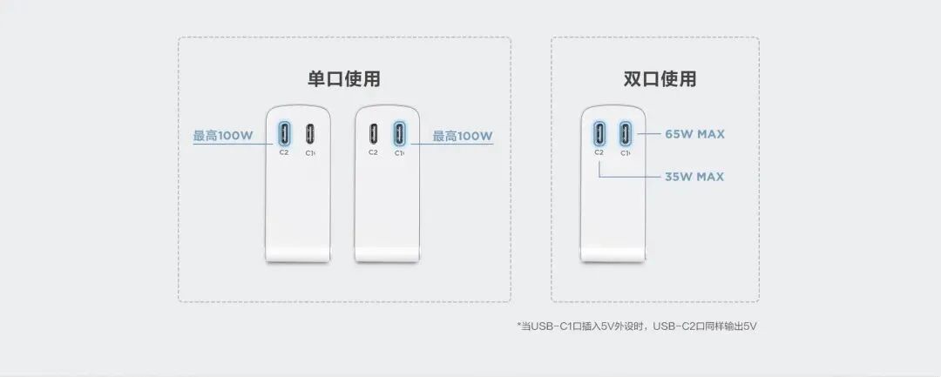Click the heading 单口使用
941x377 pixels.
coord(343,79)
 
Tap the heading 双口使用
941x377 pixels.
coord(660,79)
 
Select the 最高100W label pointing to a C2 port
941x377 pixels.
coord(222,136)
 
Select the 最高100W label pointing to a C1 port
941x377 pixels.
coord(463,136)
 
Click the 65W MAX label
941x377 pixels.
coord(694,134)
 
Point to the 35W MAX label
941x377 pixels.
coord(694,177)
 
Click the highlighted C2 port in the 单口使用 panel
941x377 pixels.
coord(284,133)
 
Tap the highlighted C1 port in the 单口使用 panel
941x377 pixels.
coord(399,133)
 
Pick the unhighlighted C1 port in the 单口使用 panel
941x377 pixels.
coord(310,133)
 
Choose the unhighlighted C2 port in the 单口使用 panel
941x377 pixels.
coord(373,133)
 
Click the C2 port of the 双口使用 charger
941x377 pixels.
coord(599,133)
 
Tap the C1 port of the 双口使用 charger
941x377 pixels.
coord(626,133)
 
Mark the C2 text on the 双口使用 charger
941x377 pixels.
coord(599,152)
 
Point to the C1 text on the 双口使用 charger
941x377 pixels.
coord(626,152)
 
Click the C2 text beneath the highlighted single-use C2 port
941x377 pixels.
coord(284,152)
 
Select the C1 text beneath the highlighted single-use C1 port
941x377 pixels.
coord(399,152)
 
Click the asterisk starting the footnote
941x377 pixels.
coord(519,326)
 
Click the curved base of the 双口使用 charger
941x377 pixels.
coord(613,253)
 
